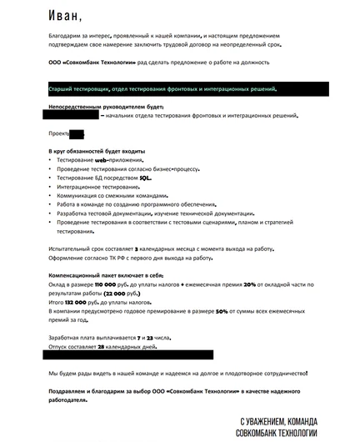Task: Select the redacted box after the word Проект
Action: click(x=77, y=133)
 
